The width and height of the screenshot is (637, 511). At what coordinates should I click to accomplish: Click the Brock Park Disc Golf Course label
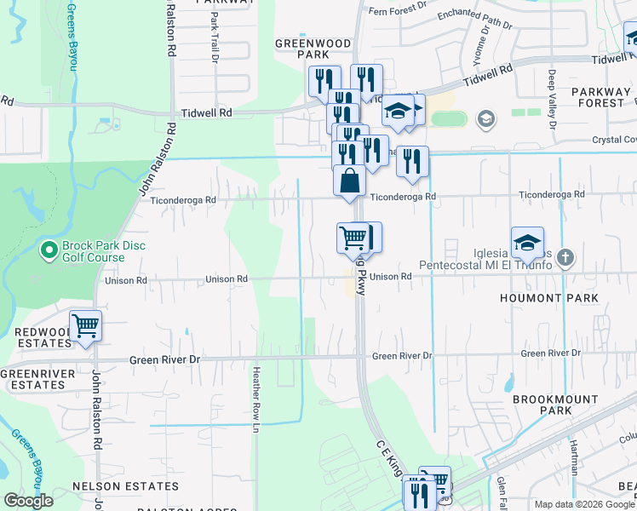tap(104, 253)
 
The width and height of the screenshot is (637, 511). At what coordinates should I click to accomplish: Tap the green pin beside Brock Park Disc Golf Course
tap(49, 251)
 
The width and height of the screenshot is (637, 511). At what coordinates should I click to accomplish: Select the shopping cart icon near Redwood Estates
tap(85, 325)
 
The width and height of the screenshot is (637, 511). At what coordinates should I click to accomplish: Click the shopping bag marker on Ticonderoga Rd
tap(349, 181)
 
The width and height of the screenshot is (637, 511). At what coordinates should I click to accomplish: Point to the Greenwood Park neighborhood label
tap(301, 48)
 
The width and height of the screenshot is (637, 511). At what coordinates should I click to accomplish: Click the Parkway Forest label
tap(598, 97)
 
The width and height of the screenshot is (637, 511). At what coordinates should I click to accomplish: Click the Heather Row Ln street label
tap(255, 399)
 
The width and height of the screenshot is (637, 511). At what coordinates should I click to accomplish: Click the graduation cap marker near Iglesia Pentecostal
tap(527, 243)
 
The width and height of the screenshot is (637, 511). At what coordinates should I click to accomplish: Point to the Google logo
tap(29, 501)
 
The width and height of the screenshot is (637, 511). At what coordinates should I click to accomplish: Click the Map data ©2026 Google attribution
tap(583, 504)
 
